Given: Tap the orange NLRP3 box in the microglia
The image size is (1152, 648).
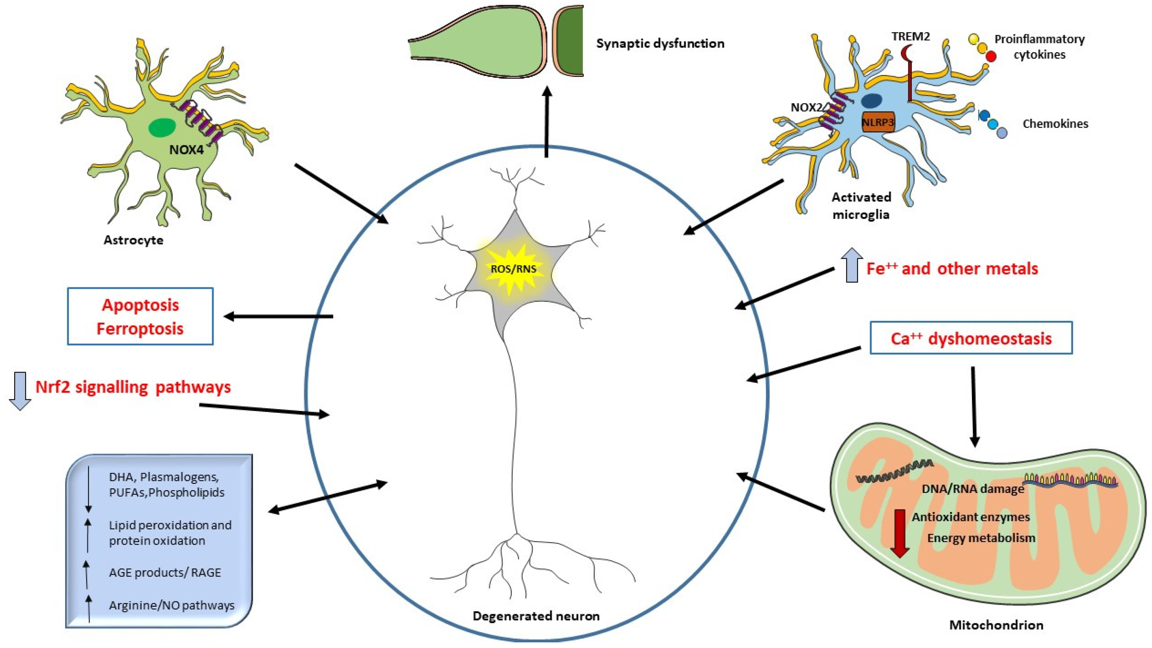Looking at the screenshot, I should [x=878, y=122].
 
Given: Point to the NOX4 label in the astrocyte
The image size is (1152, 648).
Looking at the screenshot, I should [x=186, y=150].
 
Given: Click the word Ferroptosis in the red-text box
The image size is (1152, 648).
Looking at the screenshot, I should [x=140, y=328].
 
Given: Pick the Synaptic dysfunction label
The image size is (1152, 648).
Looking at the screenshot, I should [x=660, y=43].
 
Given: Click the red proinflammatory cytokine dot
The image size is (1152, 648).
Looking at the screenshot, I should [x=991, y=57].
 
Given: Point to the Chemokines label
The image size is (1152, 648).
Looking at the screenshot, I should [x=1055, y=124].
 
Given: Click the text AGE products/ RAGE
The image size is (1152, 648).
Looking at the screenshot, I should [x=165, y=572].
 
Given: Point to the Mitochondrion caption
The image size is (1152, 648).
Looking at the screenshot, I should [x=996, y=625].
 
